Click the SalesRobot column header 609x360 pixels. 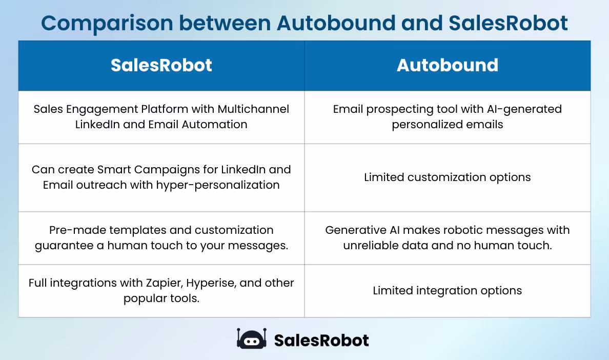[161, 65]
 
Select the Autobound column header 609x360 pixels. [447, 65]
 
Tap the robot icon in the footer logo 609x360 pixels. [251, 339]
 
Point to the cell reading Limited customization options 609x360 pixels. [447, 177]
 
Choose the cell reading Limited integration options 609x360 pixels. [447, 291]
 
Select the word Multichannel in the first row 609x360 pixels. [253, 109]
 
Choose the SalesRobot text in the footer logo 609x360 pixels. [321, 340]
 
